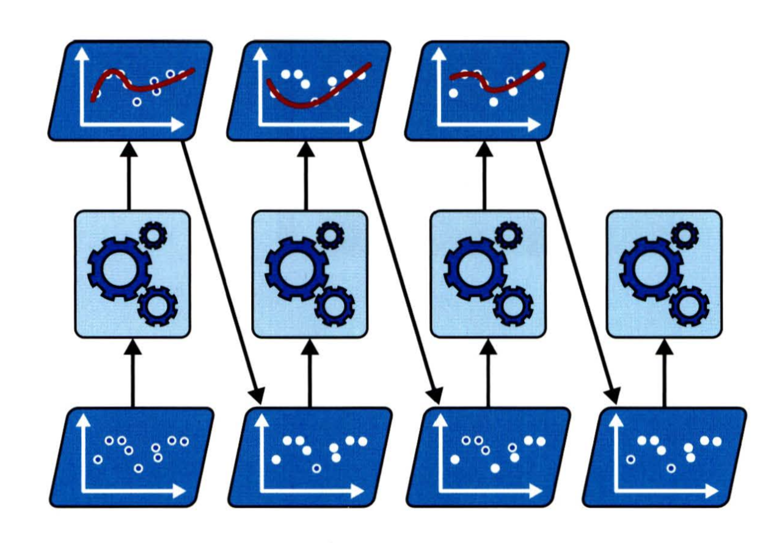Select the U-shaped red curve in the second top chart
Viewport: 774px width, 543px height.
(x=305, y=105)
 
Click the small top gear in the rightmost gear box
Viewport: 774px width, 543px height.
(x=685, y=234)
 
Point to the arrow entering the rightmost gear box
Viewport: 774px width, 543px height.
(x=665, y=373)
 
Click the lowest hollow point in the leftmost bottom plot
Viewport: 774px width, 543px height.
(x=139, y=468)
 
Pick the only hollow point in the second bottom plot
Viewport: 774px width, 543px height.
(x=316, y=468)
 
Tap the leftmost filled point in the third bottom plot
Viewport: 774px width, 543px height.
(x=455, y=459)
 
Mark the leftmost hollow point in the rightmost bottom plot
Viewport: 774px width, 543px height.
(x=631, y=459)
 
